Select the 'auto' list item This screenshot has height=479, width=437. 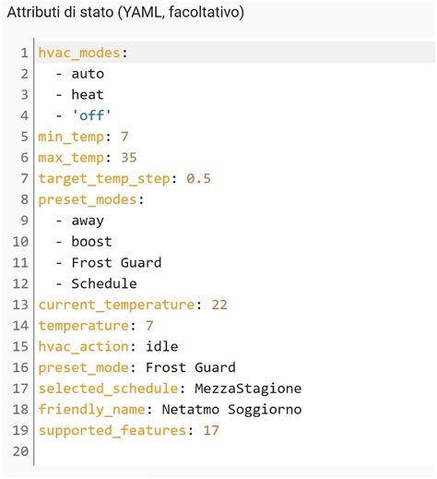point(88,74)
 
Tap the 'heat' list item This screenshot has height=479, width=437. point(88,94)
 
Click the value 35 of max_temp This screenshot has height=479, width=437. point(128,158)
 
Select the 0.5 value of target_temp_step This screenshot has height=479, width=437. point(198,178)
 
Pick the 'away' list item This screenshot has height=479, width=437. point(88,221)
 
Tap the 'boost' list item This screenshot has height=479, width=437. point(91,242)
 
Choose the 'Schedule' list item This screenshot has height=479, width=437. point(104,283)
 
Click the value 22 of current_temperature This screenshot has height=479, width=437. point(218,305)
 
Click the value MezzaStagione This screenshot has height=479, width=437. point(248,389)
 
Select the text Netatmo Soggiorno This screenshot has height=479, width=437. point(231,409)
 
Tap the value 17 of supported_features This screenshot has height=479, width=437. point(211,430)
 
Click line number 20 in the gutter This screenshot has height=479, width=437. point(20,451)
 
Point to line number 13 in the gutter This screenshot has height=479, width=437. point(20,305)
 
